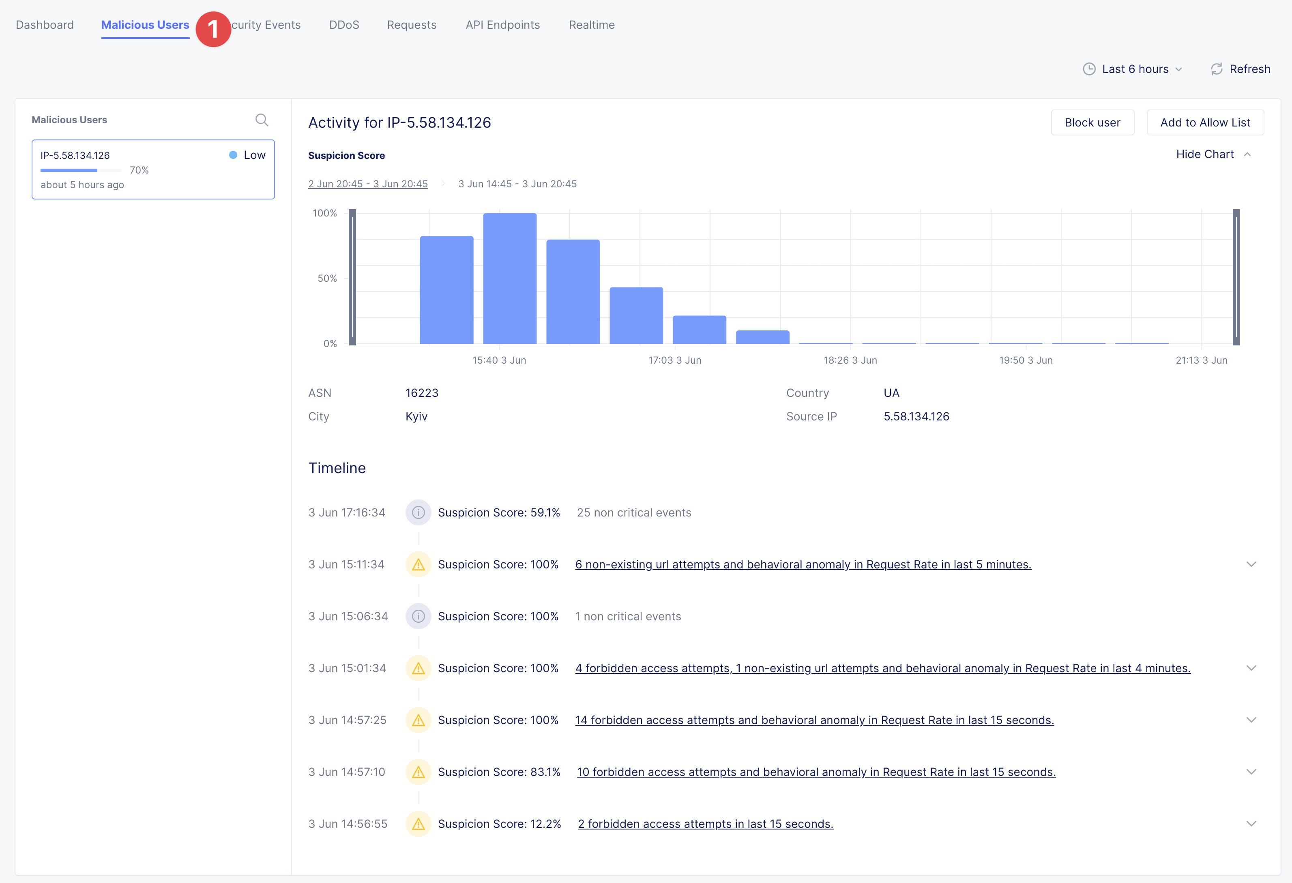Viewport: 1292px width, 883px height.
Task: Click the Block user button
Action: pyautogui.click(x=1092, y=122)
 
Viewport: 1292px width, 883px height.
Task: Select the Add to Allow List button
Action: pyautogui.click(x=1205, y=122)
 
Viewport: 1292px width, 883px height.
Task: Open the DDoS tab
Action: pyautogui.click(x=344, y=25)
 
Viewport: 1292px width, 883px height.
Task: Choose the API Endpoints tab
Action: pyautogui.click(x=502, y=25)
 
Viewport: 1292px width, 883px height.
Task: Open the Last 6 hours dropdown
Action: pyautogui.click(x=1134, y=69)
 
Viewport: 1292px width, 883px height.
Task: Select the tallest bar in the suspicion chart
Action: pyautogui.click(x=510, y=278)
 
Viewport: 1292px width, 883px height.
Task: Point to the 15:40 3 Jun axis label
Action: pyautogui.click(x=499, y=360)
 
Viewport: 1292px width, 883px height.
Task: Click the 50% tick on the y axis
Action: pyautogui.click(x=327, y=279)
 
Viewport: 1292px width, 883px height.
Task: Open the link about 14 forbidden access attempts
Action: pyautogui.click(x=814, y=720)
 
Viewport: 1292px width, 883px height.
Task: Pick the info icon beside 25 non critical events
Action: pyautogui.click(x=418, y=512)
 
